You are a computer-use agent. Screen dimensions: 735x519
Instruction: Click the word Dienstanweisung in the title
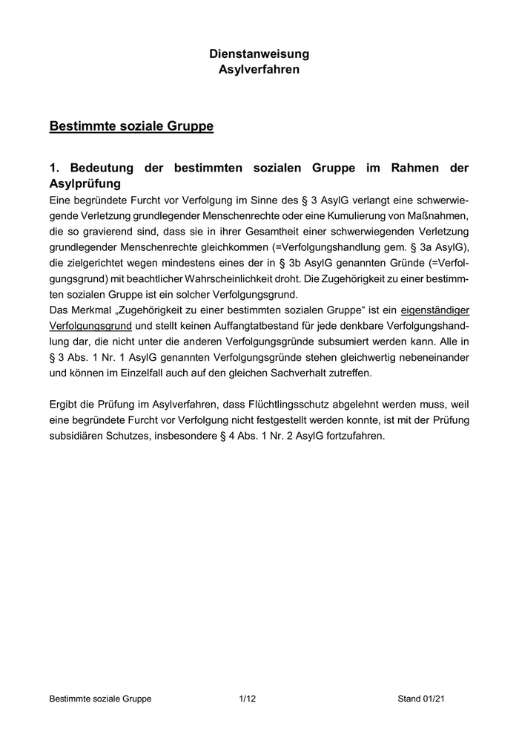click(259, 54)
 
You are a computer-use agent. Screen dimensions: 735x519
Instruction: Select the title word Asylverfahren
click(259, 69)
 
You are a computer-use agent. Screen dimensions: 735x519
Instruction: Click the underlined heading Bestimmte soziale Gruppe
click(131, 126)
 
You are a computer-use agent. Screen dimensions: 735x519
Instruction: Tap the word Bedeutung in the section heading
click(104, 169)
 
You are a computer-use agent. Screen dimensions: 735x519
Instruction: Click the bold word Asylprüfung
click(85, 183)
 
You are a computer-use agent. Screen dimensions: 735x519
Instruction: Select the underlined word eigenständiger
click(434, 310)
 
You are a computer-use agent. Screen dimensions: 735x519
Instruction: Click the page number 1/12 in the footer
click(248, 699)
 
